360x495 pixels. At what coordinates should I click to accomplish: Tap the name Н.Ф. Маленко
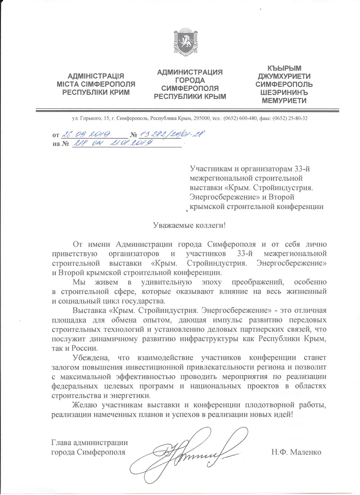(296, 452)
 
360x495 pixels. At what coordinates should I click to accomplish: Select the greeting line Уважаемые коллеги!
(180, 225)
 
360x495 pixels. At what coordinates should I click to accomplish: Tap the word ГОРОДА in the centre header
(190, 80)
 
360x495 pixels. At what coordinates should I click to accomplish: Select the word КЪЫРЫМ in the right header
(284, 68)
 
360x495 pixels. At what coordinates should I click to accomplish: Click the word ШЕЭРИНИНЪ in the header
(284, 92)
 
